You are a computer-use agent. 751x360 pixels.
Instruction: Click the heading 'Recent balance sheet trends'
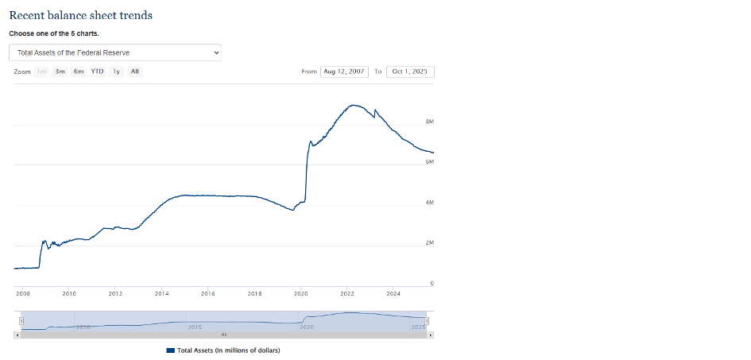pos(80,16)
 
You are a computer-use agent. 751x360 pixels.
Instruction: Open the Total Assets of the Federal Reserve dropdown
pos(115,52)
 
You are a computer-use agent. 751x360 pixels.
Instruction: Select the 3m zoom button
pos(60,72)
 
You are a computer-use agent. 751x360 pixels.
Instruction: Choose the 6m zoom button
pos(79,72)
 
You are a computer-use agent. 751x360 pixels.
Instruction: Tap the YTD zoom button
pos(97,72)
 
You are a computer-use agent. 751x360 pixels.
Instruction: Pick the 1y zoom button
pos(116,72)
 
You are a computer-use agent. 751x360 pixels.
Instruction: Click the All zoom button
pos(135,72)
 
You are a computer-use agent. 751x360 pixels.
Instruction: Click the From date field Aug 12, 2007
pos(344,72)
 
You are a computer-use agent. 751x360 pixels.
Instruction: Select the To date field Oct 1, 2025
pos(409,72)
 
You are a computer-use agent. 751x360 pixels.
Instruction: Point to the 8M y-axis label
pos(430,122)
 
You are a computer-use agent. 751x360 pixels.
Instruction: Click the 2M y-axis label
pos(430,242)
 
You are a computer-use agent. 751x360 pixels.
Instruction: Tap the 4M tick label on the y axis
pos(430,203)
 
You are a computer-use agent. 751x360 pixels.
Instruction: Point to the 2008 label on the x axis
pos(22,293)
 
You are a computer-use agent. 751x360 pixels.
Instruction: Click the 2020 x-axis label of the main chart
pos(301,293)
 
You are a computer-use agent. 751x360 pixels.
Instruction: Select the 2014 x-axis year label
pos(161,293)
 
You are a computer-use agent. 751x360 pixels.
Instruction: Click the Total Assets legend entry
pos(223,350)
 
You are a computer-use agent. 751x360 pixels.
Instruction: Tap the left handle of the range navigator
pos(21,320)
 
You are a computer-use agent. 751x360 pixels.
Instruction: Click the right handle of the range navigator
pos(426,320)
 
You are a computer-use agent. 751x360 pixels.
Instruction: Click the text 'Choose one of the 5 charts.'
pos(54,34)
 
